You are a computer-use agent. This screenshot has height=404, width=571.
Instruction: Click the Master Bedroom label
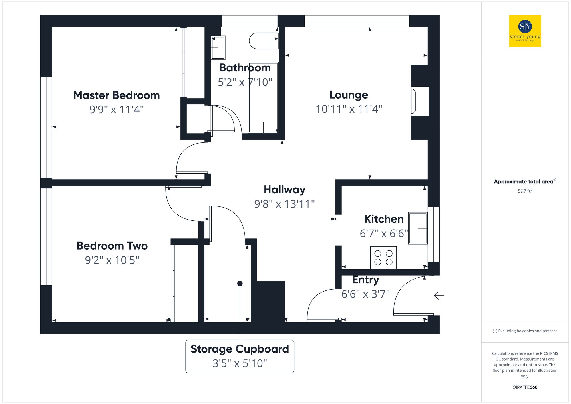[x=116, y=95]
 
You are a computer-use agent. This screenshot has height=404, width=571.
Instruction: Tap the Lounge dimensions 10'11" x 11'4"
[x=349, y=109]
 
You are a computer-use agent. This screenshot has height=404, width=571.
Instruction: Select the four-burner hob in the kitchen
[x=383, y=258]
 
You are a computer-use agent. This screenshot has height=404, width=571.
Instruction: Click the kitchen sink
[x=418, y=228]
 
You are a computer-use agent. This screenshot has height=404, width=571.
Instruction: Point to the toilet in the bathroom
[x=263, y=41]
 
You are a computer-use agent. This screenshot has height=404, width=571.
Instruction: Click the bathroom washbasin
[x=218, y=47]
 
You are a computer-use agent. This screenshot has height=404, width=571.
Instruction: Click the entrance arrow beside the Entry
[x=439, y=296]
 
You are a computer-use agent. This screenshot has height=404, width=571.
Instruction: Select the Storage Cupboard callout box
[x=240, y=356]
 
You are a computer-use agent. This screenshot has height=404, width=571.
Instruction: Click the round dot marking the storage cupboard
[x=240, y=284]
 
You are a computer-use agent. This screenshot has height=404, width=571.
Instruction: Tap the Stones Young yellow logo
[x=525, y=31]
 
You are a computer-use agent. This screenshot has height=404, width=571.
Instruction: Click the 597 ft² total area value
[x=525, y=191]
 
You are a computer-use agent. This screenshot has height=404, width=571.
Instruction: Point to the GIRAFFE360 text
[x=525, y=387]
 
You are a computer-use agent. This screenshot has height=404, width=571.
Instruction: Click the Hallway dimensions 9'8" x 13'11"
[x=284, y=204]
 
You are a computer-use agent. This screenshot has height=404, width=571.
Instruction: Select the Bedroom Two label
[x=112, y=246]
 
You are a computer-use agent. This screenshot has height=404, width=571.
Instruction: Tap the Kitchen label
[x=384, y=219]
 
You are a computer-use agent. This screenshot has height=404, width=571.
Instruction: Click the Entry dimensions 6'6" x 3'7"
[x=365, y=294]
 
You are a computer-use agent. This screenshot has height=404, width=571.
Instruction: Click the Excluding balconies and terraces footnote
[x=525, y=331]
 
